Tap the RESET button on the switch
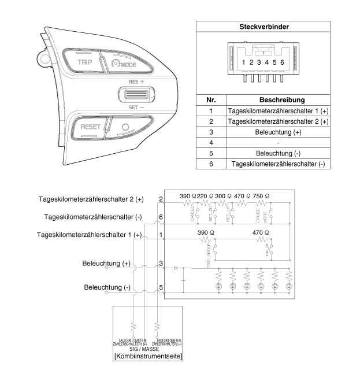pos(91,127)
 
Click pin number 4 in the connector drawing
pos(267,62)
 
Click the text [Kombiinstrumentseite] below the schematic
pos(149,357)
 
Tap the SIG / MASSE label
pos(149,349)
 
